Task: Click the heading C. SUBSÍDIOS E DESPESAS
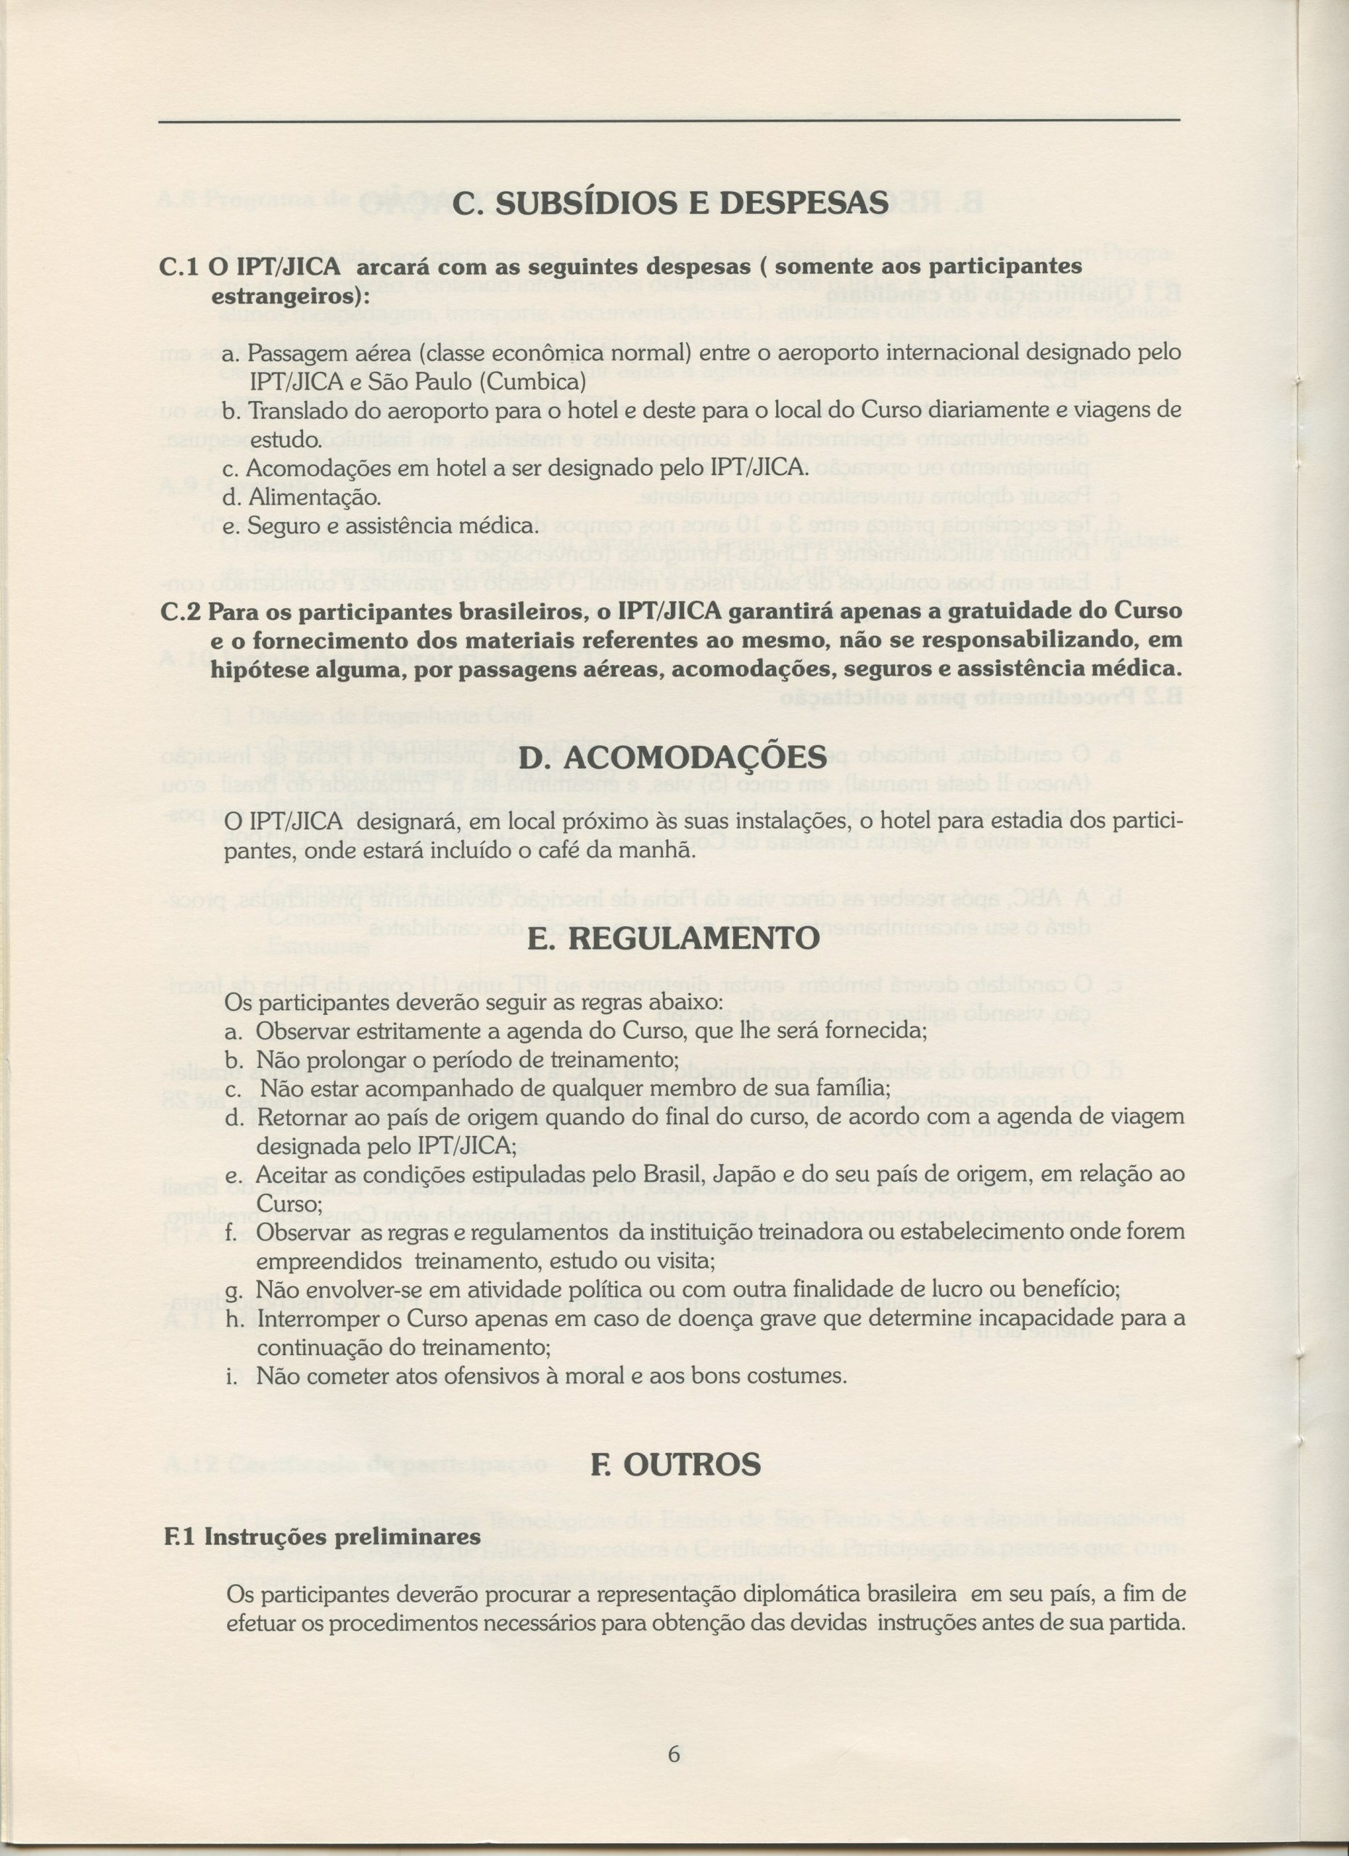point(669,204)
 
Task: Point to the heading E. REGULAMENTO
point(673,938)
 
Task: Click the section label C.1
point(179,268)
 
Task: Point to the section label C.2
point(179,611)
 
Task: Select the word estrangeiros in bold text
point(286,295)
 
